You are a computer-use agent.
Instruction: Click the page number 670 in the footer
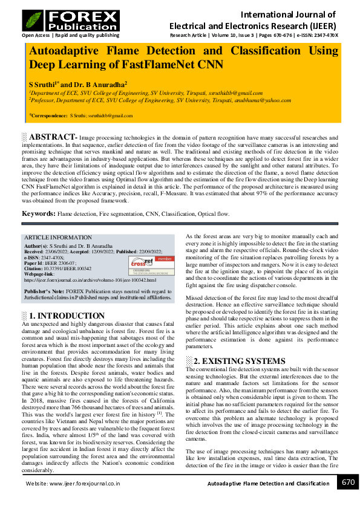[x=349, y=482]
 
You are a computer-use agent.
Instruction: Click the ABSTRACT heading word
[x=53, y=137]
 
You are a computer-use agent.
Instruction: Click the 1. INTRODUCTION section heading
[x=67, y=316]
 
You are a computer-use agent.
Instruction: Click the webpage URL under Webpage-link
[x=90, y=280]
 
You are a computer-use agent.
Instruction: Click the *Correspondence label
[x=48, y=115]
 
